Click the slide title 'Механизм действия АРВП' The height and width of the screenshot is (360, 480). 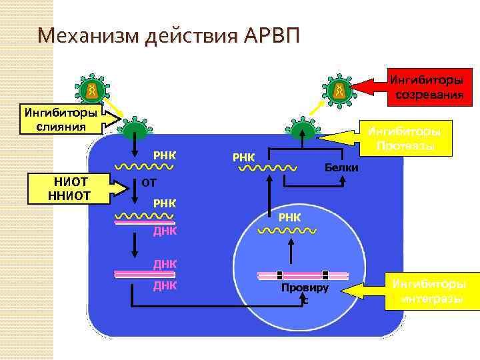[169, 33]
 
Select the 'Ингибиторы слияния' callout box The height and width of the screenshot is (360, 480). [61, 118]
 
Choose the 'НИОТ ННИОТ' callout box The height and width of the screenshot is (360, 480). [69, 188]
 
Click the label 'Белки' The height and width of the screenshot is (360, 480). [341, 167]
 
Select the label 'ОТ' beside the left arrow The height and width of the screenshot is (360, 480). [143, 183]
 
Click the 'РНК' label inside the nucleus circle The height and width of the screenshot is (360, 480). [290, 217]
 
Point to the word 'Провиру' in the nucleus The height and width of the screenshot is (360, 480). [305, 288]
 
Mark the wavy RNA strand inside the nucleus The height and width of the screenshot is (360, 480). [287, 230]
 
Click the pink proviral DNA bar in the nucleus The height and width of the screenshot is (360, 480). [303, 274]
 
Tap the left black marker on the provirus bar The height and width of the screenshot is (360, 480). [280, 274]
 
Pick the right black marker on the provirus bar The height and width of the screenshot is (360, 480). [325, 274]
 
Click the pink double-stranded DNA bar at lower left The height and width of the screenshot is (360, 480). [144, 273]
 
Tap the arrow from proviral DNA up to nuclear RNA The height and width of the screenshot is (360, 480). [290, 253]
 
